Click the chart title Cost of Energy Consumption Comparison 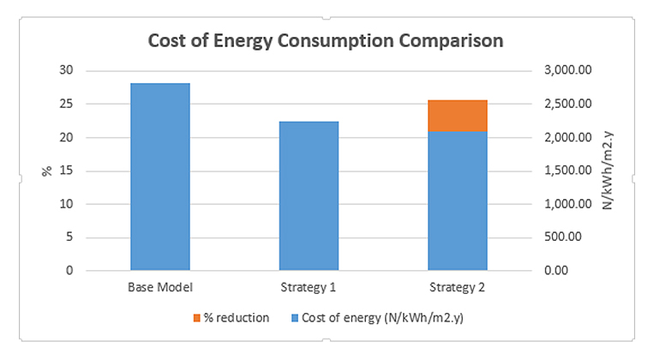click(x=326, y=40)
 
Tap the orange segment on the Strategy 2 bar click(x=458, y=116)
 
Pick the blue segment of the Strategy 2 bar click(x=458, y=201)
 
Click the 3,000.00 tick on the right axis click(x=569, y=70)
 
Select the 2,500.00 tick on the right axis click(x=569, y=104)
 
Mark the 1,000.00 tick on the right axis click(x=569, y=204)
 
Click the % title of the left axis click(x=48, y=171)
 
